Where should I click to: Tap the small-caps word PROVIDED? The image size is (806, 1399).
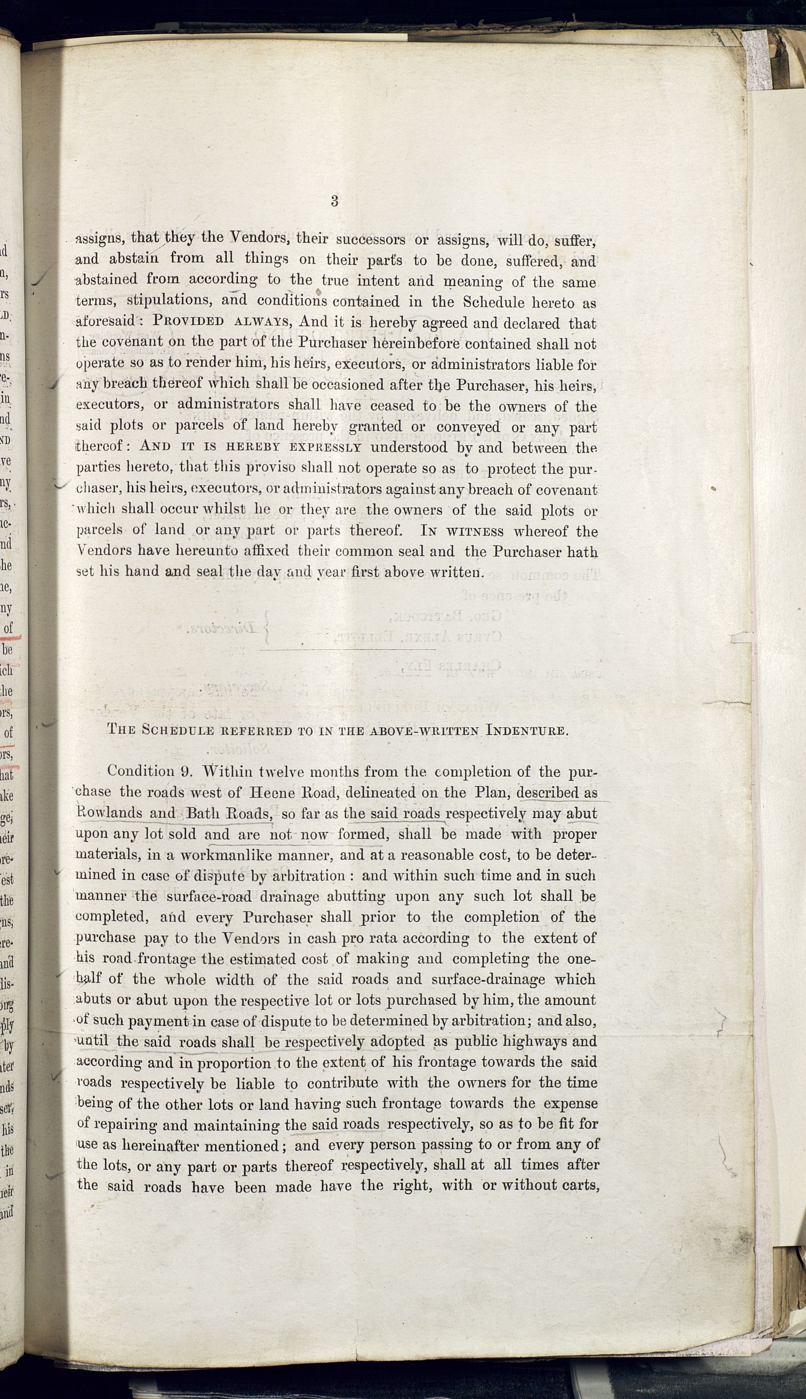pyautogui.click(x=188, y=322)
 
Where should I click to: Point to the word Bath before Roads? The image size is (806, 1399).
pyautogui.click(x=204, y=813)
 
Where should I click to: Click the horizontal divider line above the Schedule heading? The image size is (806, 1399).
pyautogui.click(x=347, y=648)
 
